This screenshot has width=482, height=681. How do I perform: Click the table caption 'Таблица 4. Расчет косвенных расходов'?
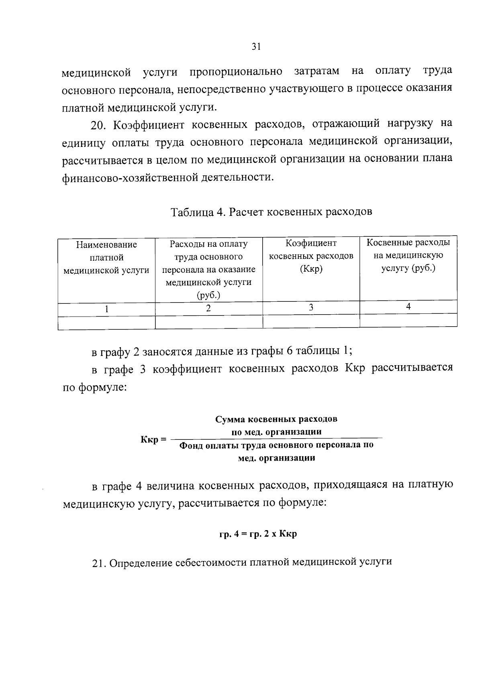(272, 211)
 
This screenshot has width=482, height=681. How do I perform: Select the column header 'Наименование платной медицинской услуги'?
(106, 257)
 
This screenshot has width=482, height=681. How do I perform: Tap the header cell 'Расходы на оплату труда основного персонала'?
(208, 263)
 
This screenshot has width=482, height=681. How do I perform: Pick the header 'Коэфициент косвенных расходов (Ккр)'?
(311, 256)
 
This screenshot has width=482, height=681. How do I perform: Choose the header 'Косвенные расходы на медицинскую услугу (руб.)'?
(408, 255)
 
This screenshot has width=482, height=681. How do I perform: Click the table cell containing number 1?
(106, 309)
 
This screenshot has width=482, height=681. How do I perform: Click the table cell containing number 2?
(208, 308)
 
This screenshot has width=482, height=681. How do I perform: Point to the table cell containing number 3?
(311, 307)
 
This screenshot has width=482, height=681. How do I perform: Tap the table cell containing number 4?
(408, 307)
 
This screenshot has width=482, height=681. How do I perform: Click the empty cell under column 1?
(106, 323)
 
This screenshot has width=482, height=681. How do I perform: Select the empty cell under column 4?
(408, 320)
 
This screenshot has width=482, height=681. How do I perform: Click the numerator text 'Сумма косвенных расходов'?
(276, 419)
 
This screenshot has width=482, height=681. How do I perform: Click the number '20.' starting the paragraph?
(98, 125)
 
